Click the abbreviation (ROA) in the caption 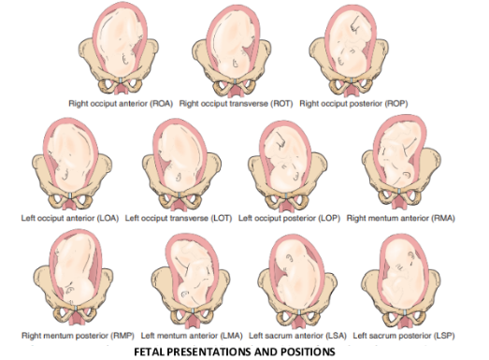[x=161, y=104]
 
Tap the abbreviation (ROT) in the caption [x=281, y=104]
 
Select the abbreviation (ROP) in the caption [x=396, y=104]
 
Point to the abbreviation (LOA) [x=108, y=218]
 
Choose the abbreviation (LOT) [x=222, y=218]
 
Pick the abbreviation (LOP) [x=329, y=218]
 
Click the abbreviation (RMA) [x=443, y=218]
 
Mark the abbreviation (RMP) [x=122, y=336]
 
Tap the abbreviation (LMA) [x=231, y=336]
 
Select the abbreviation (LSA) [x=336, y=336]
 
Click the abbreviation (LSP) [x=444, y=336]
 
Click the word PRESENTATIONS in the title [x=209, y=352]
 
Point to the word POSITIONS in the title [x=308, y=352]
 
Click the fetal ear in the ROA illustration [x=125, y=59]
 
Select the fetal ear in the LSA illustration [x=289, y=259]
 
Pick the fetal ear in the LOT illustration [x=179, y=177]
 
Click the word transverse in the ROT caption [x=249, y=104]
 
